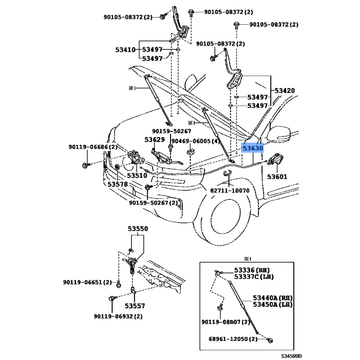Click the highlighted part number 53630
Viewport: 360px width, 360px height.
(252, 148)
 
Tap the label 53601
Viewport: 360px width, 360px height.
(277, 177)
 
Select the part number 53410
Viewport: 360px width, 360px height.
(125, 49)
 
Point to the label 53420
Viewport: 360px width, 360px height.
(285, 91)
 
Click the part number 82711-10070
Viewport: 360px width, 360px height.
(229, 190)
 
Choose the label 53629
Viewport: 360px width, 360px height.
(154, 140)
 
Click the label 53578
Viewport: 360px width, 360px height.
(118, 184)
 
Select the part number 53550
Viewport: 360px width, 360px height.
(137, 229)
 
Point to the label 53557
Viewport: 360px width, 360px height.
(135, 306)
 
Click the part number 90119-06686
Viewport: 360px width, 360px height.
(89, 147)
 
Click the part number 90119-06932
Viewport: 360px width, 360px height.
(115, 316)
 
